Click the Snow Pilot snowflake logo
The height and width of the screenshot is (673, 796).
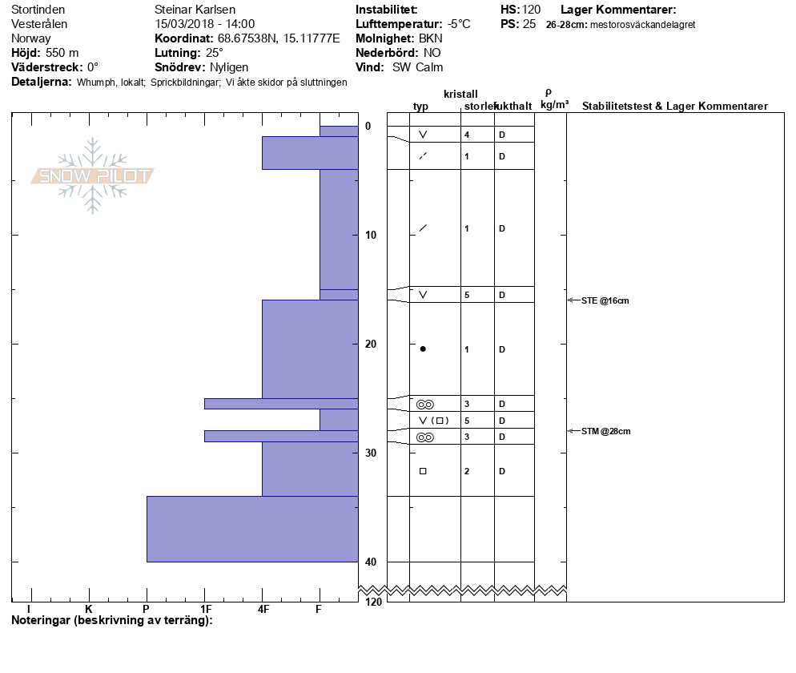[x=92, y=175]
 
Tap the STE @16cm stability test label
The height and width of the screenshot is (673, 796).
[x=605, y=300]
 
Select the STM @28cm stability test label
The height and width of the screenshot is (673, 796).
[x=605, y=431]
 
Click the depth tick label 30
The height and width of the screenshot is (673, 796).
[x=371, y=453]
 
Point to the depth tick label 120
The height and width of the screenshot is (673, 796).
[x=373, y=602]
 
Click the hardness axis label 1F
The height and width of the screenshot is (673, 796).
[x=206, y=609]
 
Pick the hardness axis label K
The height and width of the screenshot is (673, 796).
[x=89, y=609]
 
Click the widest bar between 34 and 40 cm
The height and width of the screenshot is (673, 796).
[x=252, y=529]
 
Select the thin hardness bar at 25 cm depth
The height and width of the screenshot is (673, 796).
[x=281, y=404]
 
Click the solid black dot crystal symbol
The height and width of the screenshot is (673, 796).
[x=423, y=349]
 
